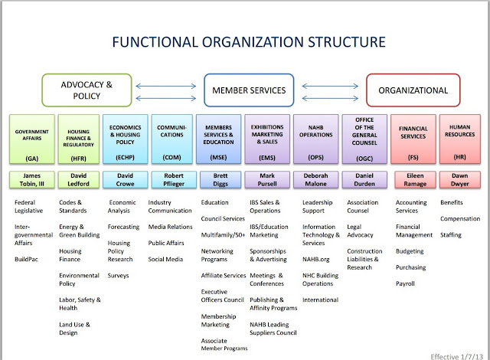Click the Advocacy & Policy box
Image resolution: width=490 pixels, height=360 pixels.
click(x=87, y=90)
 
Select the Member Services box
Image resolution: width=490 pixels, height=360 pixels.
click(x=249, y=90)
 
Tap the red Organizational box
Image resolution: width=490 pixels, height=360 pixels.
click(x=413, y=90)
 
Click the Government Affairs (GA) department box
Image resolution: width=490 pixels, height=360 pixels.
click(x=32, y=139)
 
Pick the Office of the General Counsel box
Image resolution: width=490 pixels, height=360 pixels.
click(x=364, y=139)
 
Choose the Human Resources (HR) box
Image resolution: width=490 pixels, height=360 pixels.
click(x=460, y=139)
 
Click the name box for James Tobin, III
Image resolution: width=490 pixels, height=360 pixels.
click(x=32, y=180)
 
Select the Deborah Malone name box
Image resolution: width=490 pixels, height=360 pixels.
click(x=315, y=180)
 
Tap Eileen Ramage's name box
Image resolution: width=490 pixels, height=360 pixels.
click(x=415, y=180)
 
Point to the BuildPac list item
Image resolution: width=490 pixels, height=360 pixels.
click(x=26, y=259)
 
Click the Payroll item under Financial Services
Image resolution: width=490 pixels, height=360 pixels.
click(x=405, y=283)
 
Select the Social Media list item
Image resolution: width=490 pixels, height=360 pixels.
click(x=165, y=259)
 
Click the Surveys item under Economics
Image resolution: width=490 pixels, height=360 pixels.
click(x=118, y=275)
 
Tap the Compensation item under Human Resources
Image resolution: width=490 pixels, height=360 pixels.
click(x=460, y=219)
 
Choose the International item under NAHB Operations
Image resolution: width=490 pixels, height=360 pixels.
click(x=320, y=299)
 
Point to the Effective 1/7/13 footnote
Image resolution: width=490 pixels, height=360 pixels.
click(x=457, y=357)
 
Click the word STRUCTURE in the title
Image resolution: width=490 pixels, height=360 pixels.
click(x=347, y=42)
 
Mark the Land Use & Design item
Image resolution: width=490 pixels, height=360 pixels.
click(x=75, y=329)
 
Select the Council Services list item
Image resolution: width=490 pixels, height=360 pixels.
click(x=223, y=219)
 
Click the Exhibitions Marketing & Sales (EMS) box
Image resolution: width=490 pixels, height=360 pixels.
click(x=267, y=139)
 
